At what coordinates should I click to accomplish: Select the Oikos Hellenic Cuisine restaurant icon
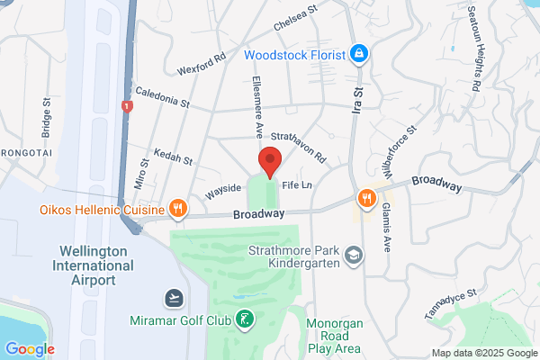178,209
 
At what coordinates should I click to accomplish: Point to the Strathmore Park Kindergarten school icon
355,256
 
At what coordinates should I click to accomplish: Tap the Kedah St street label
173,158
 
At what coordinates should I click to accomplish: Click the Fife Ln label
296,184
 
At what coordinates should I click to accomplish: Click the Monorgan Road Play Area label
334,335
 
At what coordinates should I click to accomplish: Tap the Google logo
30,348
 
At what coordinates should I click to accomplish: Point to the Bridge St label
46,115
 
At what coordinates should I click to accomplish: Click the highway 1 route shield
127,106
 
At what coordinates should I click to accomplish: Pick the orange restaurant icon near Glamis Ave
366,198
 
